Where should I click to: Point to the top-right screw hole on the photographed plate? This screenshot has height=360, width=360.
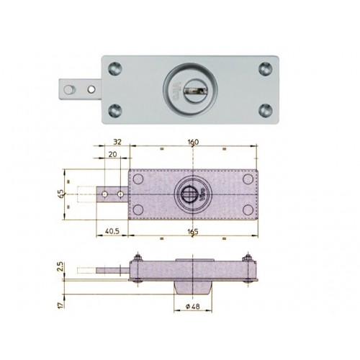pos(264,68)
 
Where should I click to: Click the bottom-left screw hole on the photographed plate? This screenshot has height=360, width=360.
pos(115,112)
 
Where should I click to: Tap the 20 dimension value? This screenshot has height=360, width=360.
pos(113,154)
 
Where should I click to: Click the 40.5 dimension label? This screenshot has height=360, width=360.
pos(108,232)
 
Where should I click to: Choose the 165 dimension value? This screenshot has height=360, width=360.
pos(194,232)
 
